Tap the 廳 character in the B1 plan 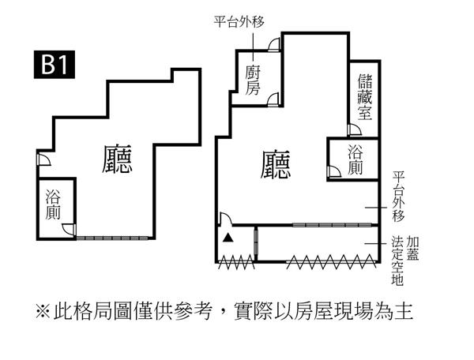[118, 158]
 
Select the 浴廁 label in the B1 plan [54, 204]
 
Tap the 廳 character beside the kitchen [276, 165]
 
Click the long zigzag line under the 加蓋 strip [324, 263]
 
